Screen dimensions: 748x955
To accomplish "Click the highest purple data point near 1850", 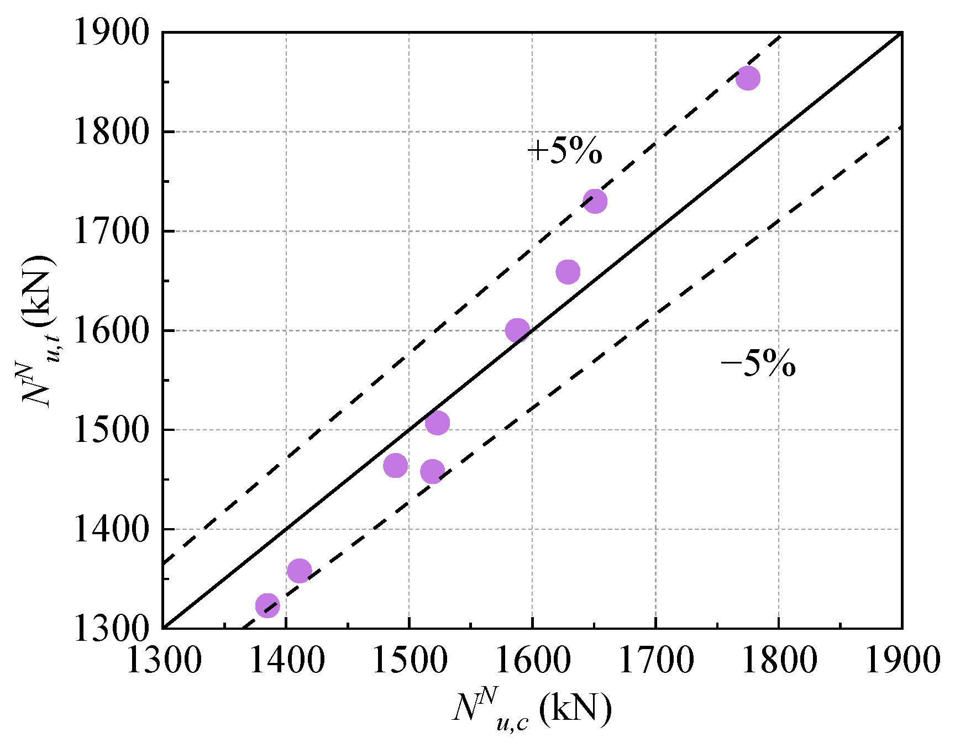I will pyautogui.click(x=748, y=78).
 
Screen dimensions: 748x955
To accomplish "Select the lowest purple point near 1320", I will pyautogui.click(x=267, y=605).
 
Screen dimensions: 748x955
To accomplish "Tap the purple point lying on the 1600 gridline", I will pyautogui.click(x=517, y=330).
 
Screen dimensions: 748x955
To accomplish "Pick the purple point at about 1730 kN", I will pyautogui.click(x=595, y=201).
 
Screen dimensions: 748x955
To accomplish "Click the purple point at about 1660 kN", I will pyautogui.click(x=568, y=272).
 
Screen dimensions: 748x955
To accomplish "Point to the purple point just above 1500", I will pyautogui.click(x=437, y=423).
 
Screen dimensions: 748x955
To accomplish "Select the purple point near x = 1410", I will pyautogui.click(x=299, y=571).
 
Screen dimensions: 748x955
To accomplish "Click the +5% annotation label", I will pyautogui.click(x=564, y=151).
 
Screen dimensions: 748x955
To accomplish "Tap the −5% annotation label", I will pyautogui.click(x=758, y=364).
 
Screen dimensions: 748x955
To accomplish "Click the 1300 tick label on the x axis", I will pyautogui.click(x=164, y=660).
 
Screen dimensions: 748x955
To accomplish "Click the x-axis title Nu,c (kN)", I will pyautogui.click(x=532, y=709).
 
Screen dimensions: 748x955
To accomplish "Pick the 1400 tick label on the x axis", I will pyautogui.click(x=287, y=660).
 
